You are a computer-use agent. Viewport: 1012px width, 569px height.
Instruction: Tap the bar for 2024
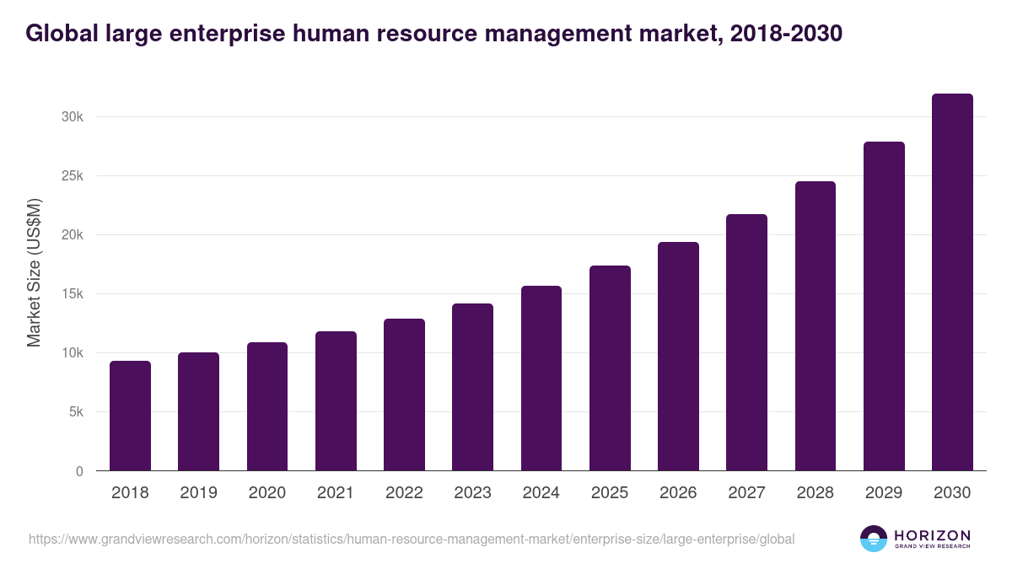541,378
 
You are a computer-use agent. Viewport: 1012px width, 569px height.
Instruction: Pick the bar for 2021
336,401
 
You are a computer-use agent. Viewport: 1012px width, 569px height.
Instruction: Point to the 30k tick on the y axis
73,117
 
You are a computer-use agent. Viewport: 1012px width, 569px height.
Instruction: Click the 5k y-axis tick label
75,412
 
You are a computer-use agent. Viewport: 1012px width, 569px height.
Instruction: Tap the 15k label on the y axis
73,294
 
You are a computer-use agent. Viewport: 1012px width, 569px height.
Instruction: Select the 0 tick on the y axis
79,471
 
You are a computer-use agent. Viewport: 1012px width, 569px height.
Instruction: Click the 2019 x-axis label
198,493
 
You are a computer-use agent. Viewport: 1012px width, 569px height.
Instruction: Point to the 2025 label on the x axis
610,493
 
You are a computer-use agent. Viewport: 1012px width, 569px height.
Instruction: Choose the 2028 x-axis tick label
816,493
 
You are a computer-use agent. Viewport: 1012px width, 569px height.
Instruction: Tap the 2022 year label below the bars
404,493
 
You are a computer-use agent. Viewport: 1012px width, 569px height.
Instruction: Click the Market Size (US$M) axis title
35,272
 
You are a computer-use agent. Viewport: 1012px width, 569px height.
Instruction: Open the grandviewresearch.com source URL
412,539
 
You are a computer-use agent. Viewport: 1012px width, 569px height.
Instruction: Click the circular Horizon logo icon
874,539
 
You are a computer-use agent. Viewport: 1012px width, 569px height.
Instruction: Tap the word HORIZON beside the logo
932,535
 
